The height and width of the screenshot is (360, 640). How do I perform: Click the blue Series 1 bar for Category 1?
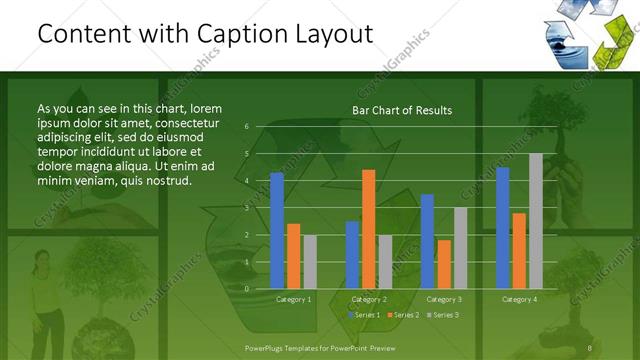pyautogui.click(x=277, y=230)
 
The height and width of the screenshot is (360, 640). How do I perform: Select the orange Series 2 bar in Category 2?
pyautogui.click(x=369, y=229)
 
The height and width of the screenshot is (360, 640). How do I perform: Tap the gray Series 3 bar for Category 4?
pyautogui.click(x=535, y=221)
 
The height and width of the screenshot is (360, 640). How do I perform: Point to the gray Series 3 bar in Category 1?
pyautogui.click(x=310, y=262)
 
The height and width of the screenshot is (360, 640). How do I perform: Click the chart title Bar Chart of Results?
pyautogui.click(x=402, y=110)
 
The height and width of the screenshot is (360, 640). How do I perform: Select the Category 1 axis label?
pyautogui.click(x=293, y=299)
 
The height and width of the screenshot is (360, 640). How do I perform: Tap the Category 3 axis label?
pyautogui.click(x=443, y=299)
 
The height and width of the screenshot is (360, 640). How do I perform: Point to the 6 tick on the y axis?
pyautogui.click(x=246, y=127)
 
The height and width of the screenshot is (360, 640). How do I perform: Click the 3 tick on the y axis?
pyautogui.click(x=246, y=207)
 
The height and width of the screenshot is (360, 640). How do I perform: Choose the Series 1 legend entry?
pyautogui.click(x=365, y=315)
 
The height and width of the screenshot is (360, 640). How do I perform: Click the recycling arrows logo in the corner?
pyautogui.click(x=585, y=34)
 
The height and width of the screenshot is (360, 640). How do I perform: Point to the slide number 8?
pyautogui.click(x=590, y=346)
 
